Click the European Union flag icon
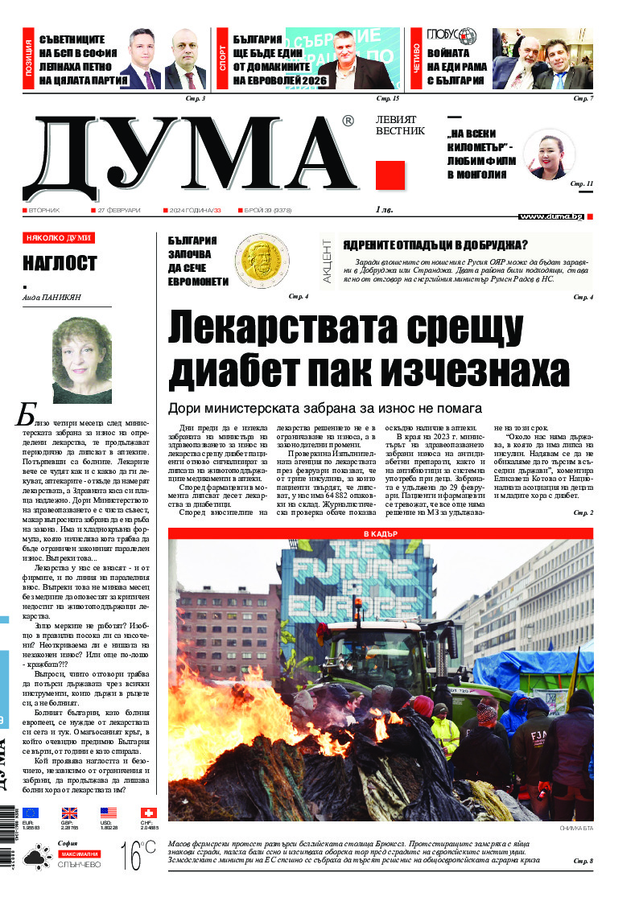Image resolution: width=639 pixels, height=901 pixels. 31,813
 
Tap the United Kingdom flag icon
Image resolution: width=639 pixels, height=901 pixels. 70,813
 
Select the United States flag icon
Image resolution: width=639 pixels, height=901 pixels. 109,813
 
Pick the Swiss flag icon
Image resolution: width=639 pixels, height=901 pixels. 148,813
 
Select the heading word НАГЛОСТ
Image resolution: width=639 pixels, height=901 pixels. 60,263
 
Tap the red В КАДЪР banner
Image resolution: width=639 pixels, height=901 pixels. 380,533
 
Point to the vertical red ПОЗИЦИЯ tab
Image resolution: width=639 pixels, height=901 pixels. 29,60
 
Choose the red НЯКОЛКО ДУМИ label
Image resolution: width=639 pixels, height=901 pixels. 59,238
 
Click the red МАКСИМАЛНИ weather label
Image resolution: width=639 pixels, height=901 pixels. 78,853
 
